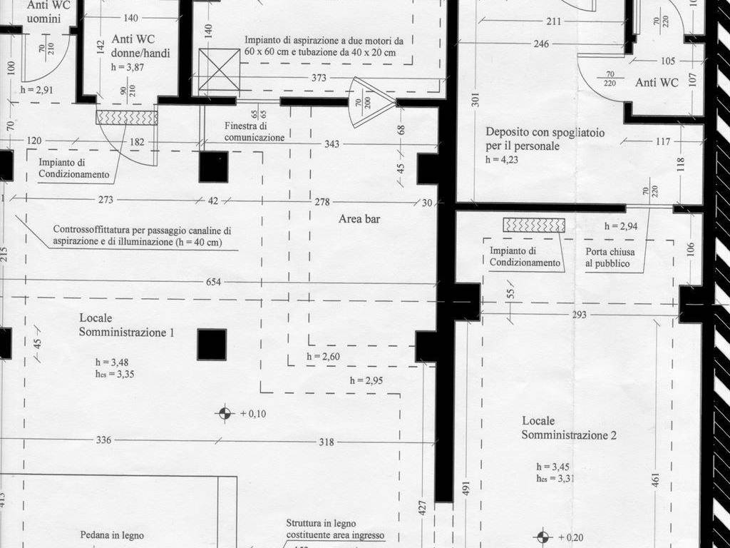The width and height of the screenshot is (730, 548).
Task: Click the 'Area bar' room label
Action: (x=359, y=218)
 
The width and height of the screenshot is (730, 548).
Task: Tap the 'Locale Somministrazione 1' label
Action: (x=127, y=325)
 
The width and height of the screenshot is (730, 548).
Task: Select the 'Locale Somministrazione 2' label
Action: (x=569, y=428)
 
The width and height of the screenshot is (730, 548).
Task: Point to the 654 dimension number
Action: (x=214, y=282)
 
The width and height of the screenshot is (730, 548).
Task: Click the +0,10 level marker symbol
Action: (x=225, y=413)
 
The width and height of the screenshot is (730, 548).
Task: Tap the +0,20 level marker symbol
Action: (x=543, y=537)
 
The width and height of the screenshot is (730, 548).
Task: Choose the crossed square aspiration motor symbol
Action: (x=220, y=69)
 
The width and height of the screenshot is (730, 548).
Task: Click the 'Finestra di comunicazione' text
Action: (x=255, y=131)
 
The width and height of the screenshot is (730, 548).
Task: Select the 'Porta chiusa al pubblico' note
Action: (x=610, y=257)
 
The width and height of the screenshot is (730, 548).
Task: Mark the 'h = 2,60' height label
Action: (x=323, y=357)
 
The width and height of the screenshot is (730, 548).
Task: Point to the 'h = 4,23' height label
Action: (x=502, y=159)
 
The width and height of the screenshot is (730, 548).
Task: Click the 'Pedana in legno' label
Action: (x=112, y=535)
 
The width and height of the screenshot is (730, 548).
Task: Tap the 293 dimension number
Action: (x=579, y=315)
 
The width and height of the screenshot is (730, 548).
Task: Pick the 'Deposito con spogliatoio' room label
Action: (x=545, y=133)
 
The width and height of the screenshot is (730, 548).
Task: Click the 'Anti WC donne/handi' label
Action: (x=140, y=46)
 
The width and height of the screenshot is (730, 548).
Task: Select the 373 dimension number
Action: (x=319, y=78)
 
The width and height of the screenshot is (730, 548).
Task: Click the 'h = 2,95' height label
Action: (x=366, y=381)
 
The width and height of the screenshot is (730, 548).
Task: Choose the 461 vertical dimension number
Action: (x=656, y=480)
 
